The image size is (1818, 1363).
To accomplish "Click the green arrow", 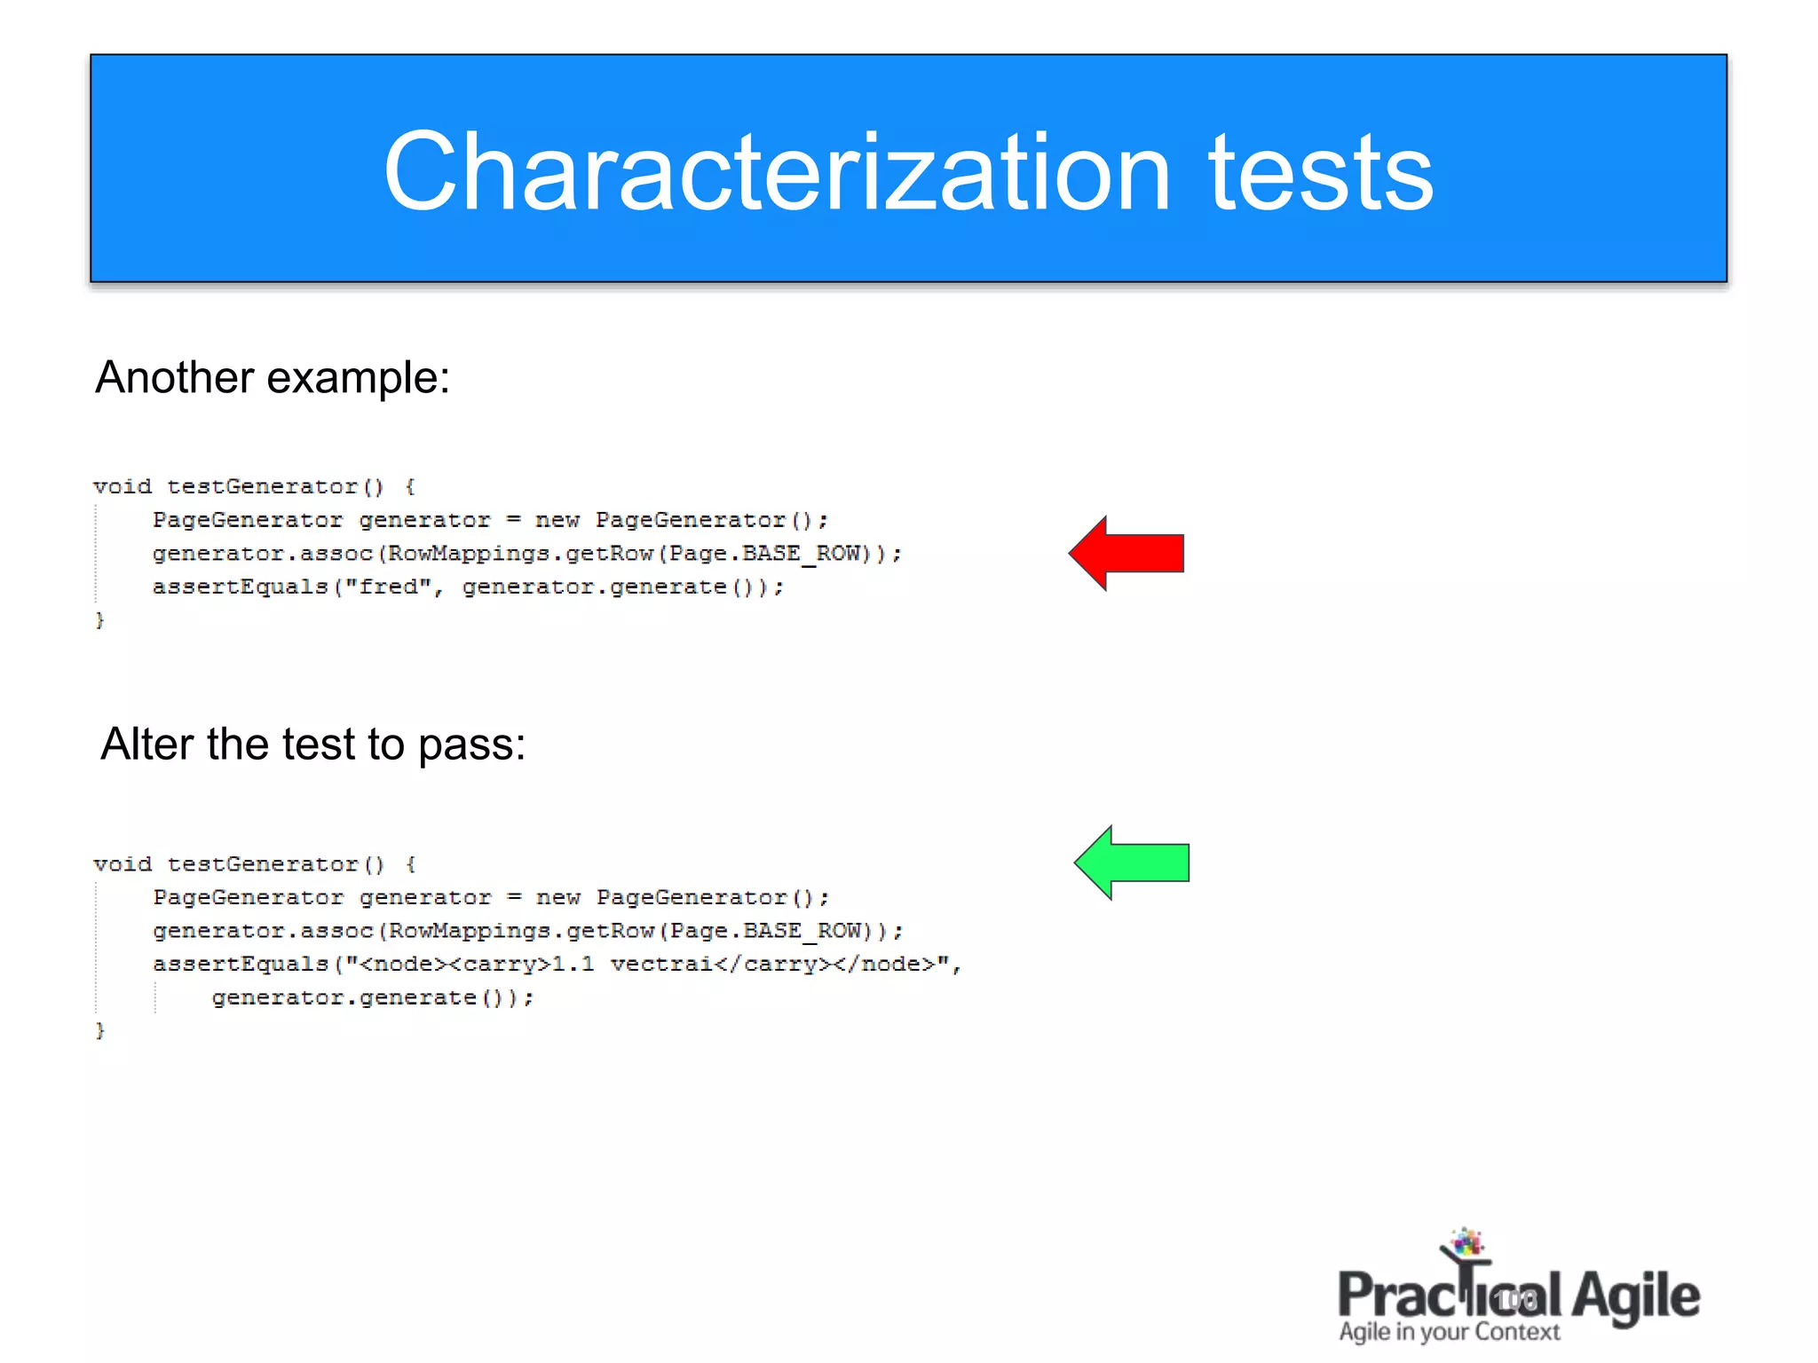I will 1134,863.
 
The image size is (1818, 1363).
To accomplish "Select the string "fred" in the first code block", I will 388,587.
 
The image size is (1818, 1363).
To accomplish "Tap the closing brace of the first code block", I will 100,619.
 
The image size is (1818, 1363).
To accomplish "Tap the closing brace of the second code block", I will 100,1030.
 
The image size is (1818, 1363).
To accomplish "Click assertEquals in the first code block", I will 241,587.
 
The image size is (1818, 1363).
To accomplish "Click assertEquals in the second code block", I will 241,965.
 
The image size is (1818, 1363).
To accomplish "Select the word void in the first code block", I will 123,486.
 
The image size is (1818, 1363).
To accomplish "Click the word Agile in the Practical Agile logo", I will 1635,1296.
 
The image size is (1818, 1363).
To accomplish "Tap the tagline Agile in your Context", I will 1449,1332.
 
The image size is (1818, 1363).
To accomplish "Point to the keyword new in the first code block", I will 557,520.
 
